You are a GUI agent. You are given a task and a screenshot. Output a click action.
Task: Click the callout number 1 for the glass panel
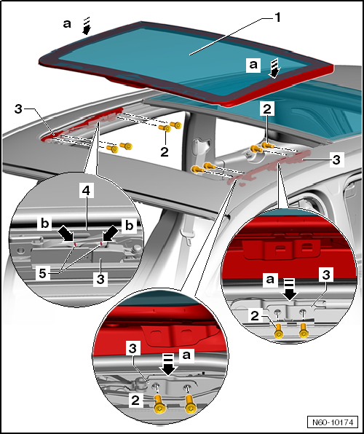[277, 17]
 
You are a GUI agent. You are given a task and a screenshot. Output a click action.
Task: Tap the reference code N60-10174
[333, 422]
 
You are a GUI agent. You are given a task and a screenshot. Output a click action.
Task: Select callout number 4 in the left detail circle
[87, 191]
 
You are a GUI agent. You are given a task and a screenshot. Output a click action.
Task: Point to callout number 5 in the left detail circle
[43, 274]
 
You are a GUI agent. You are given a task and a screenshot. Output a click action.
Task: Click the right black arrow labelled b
[110, 234]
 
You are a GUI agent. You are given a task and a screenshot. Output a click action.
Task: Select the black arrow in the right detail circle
[290, 290]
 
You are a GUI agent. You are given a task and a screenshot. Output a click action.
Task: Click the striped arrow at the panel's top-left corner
[87, 26]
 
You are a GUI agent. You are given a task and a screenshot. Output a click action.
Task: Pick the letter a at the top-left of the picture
[67, 24]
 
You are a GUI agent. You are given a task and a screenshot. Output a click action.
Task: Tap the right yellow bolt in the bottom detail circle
[190, 404]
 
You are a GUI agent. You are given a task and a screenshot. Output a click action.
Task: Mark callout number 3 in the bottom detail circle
[133, 349]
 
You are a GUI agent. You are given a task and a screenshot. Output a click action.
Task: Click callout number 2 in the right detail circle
[255, 316]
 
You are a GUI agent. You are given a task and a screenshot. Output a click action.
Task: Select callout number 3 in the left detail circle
[100, 279]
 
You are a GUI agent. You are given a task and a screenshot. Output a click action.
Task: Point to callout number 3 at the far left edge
[18, 109]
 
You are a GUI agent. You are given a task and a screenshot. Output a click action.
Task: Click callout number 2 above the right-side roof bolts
[267, 109]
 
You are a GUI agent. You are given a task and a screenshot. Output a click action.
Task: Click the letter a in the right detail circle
[270, 279]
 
